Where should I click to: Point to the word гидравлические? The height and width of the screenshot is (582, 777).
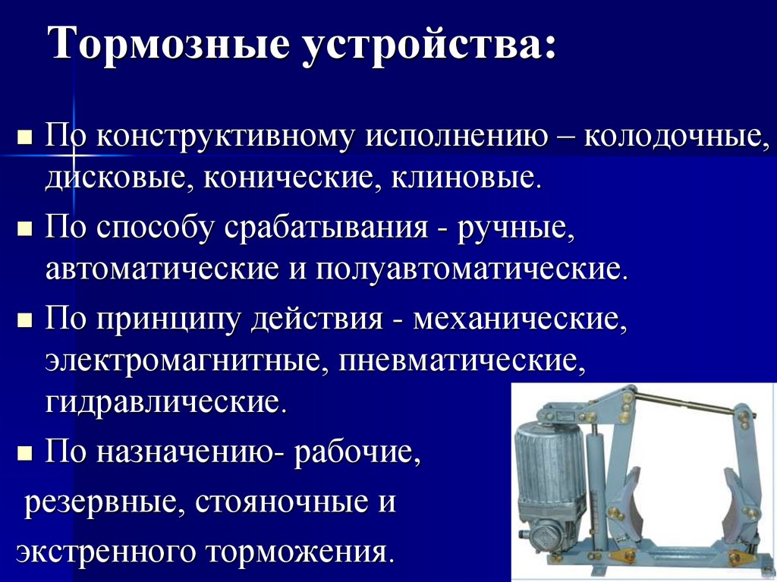coord(165,400)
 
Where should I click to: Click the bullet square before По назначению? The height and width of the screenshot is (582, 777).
coord(24,454)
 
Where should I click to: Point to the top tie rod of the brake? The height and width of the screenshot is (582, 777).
coord(683,403)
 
